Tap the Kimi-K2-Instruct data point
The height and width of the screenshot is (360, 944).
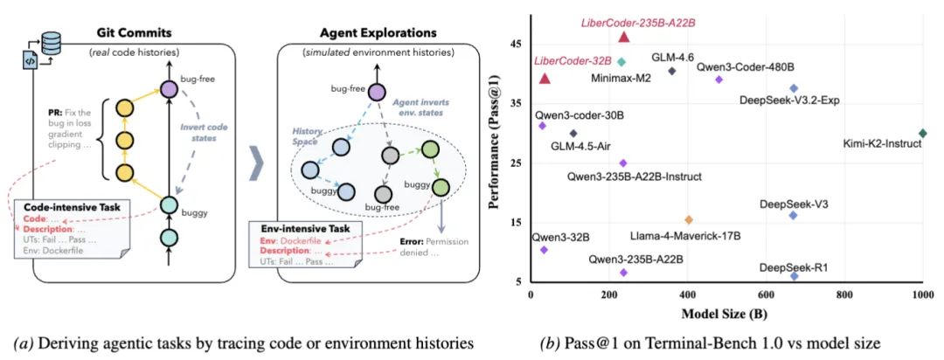(922, 134)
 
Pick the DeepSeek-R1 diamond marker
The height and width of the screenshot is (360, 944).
(794, 276)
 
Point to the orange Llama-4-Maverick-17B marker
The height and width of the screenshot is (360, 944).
(689, 219)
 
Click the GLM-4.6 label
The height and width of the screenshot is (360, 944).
(673, 57)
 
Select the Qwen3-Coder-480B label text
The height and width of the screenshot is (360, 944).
(746, 66)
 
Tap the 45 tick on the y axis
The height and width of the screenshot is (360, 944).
(517, 44)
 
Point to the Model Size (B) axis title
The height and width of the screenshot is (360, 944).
(725, 312)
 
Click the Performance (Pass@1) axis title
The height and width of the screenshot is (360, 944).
(496, 163)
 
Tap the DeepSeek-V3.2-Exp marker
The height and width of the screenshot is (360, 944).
(794, 88)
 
